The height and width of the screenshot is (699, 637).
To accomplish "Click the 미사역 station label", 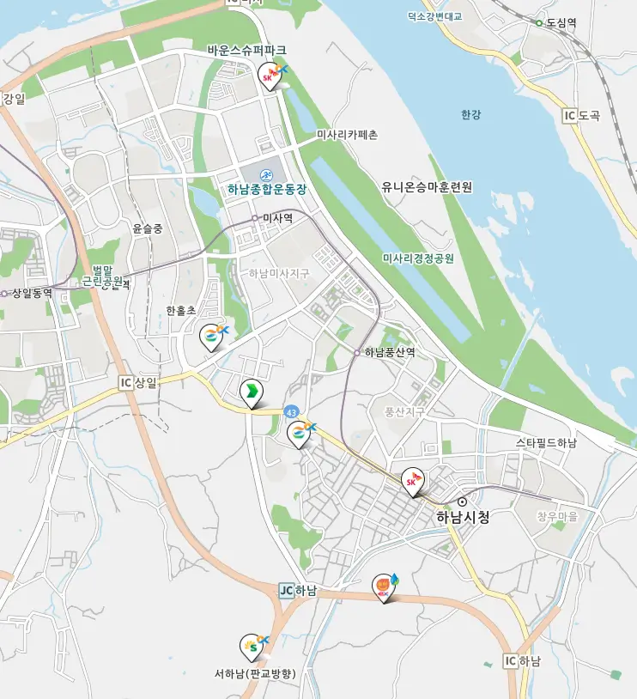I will pyautogui.click(x=277, y=218).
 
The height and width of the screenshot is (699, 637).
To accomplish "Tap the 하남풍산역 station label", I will pyautogui.click(x=389, y=352).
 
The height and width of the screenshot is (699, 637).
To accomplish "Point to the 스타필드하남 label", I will pyautogui.click(x=546, y=443).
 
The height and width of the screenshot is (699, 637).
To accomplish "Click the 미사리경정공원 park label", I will pyautogui.click(x=418, y=258).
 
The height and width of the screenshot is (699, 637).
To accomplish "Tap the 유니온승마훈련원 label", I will pyautogui.click(x=427, y=186).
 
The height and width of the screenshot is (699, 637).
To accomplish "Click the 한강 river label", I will pyautogui.click(x=471, y=114).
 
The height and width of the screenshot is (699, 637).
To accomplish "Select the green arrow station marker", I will pyautogui.click(x=251, y=393).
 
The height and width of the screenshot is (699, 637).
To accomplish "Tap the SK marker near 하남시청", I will pyautogui.click(x=413, y=482).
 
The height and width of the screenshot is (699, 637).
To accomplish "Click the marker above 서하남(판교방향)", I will pyautogui.click(x=250, y=646).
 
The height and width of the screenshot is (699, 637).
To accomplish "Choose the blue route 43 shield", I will pyautogui.click(x=293, y=412).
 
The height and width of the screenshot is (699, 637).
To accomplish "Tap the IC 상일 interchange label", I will pyautogui.click(x=138, y=383).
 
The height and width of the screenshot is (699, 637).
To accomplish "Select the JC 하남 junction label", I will pyautogui.click(x=298, y=591).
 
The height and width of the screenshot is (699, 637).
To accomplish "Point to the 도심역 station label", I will pyautogui.click(x=563, y=22).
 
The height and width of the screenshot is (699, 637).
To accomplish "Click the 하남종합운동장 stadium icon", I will pyautogui.click(x=266, y=174).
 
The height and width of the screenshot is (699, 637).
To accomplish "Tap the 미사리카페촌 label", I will pyautogui.click(x=347, y=135).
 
